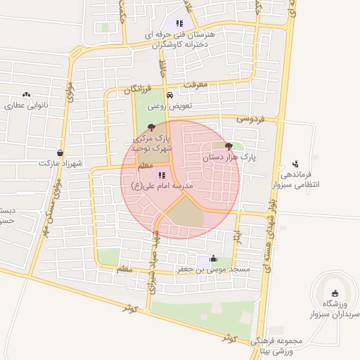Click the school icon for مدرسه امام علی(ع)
pos(161,175)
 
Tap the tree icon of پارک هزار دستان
pos(229,146)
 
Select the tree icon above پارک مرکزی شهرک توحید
pos(150,127)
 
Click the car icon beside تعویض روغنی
pos(169,95)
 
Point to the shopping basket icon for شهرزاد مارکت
pos(60,153)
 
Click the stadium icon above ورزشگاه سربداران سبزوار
pos(334,293)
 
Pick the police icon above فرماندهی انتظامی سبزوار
pos(295,164)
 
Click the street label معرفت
pos(197,84)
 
